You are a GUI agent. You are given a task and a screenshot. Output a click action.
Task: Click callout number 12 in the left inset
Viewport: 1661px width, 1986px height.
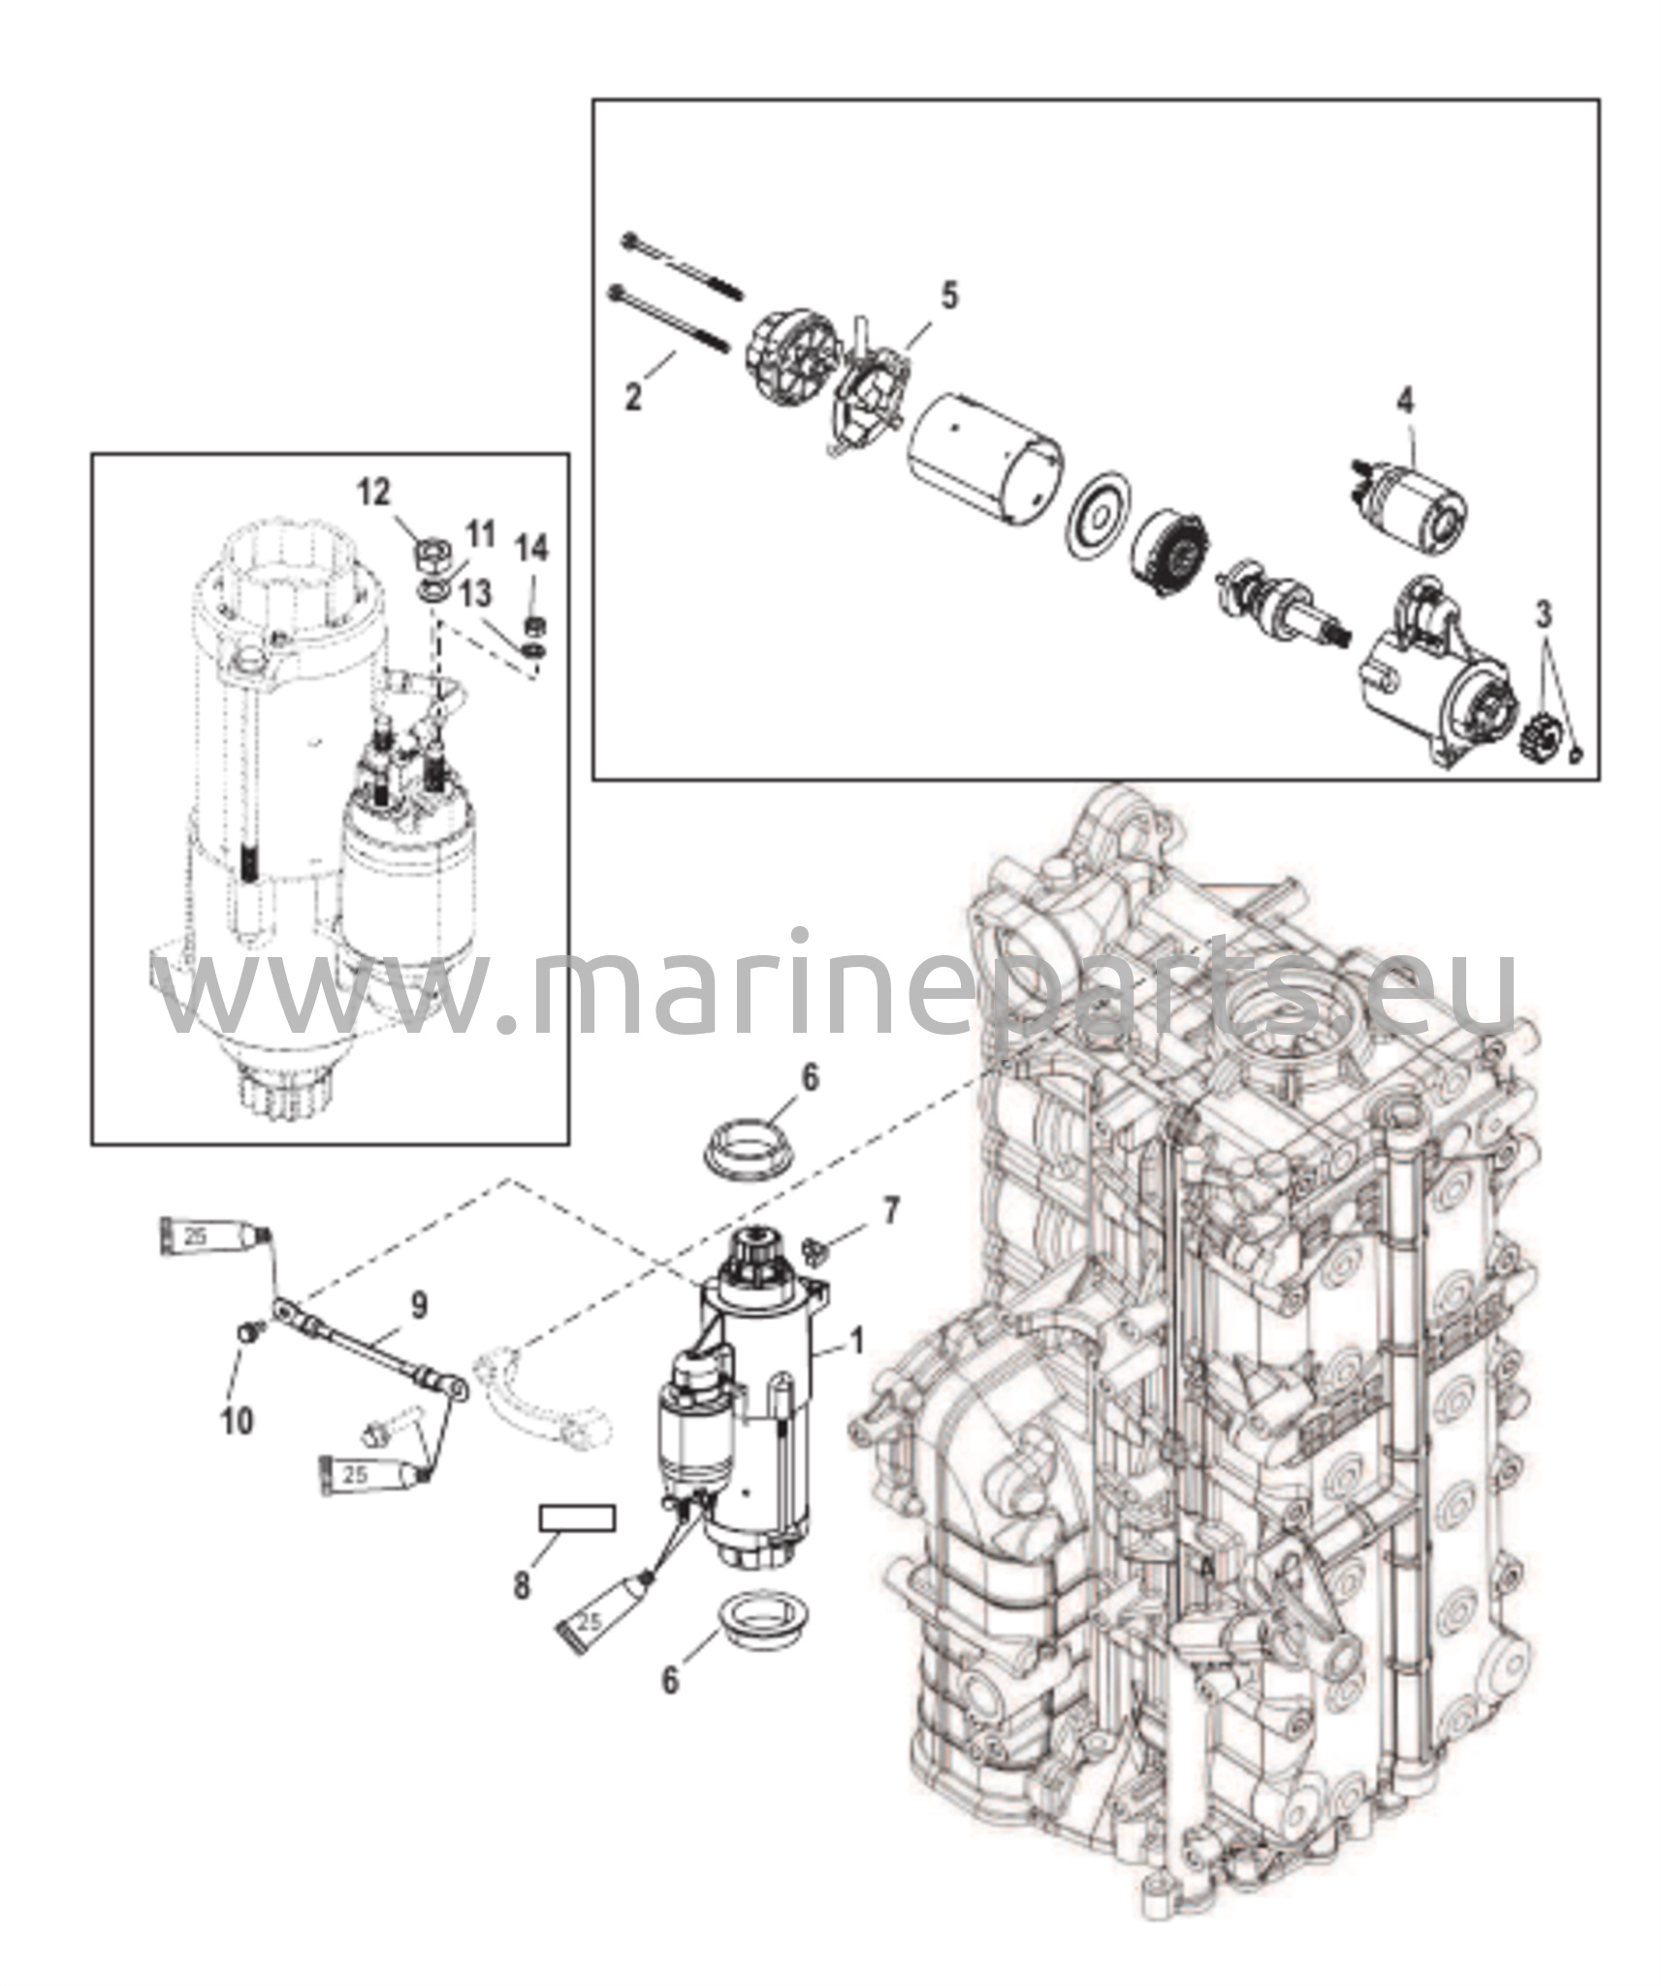pos(373,492)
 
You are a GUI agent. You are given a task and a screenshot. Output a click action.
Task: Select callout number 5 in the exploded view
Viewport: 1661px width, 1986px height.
pos(948,296)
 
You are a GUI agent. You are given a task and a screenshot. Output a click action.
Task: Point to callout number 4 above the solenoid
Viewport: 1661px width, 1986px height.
pos(1405,399)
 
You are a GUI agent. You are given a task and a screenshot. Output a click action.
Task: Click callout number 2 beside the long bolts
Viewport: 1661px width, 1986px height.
pos(633,397)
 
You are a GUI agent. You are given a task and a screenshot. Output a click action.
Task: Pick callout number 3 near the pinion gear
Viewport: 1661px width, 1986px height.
pos(1543,614)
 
